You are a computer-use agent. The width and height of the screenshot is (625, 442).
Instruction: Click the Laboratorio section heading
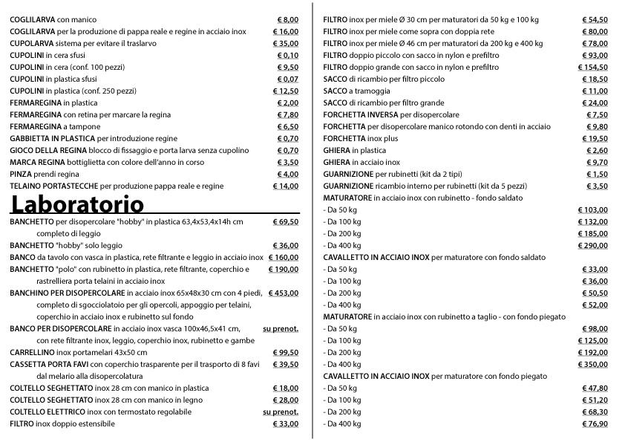[76, 203]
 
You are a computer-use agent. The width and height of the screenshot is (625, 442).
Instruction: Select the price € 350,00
[592, 365]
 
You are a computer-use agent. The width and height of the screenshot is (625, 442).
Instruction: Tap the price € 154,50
[592, 68]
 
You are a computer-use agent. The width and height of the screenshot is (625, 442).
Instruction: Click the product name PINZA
[21, 175]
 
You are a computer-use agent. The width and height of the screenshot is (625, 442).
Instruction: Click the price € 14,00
[285, 186]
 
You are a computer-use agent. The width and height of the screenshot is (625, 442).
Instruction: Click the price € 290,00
[592, 246]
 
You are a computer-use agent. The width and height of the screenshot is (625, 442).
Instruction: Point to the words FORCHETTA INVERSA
[361, 115]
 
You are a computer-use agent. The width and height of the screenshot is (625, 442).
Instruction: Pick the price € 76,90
[594, 424]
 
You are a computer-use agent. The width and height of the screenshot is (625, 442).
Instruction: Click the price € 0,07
[287, 79]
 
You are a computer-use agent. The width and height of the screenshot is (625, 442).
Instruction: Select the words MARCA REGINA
[33, 162]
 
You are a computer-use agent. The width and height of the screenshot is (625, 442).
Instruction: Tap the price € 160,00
[282, 257]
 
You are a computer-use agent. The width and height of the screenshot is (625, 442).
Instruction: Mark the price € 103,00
[592, 210]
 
